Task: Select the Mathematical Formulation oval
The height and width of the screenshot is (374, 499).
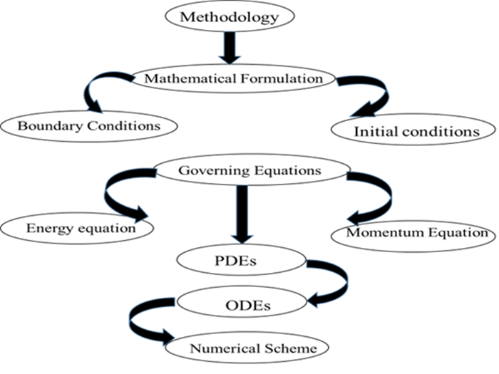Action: (x=234, y=78)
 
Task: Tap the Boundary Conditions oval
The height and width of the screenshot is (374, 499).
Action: (x=88, y=125)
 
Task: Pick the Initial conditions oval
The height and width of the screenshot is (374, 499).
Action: (x=415, y=131)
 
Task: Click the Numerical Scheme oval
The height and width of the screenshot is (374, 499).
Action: (x=247, y=348)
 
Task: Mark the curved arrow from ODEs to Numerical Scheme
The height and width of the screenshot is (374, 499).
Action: (x=143, y=322)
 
